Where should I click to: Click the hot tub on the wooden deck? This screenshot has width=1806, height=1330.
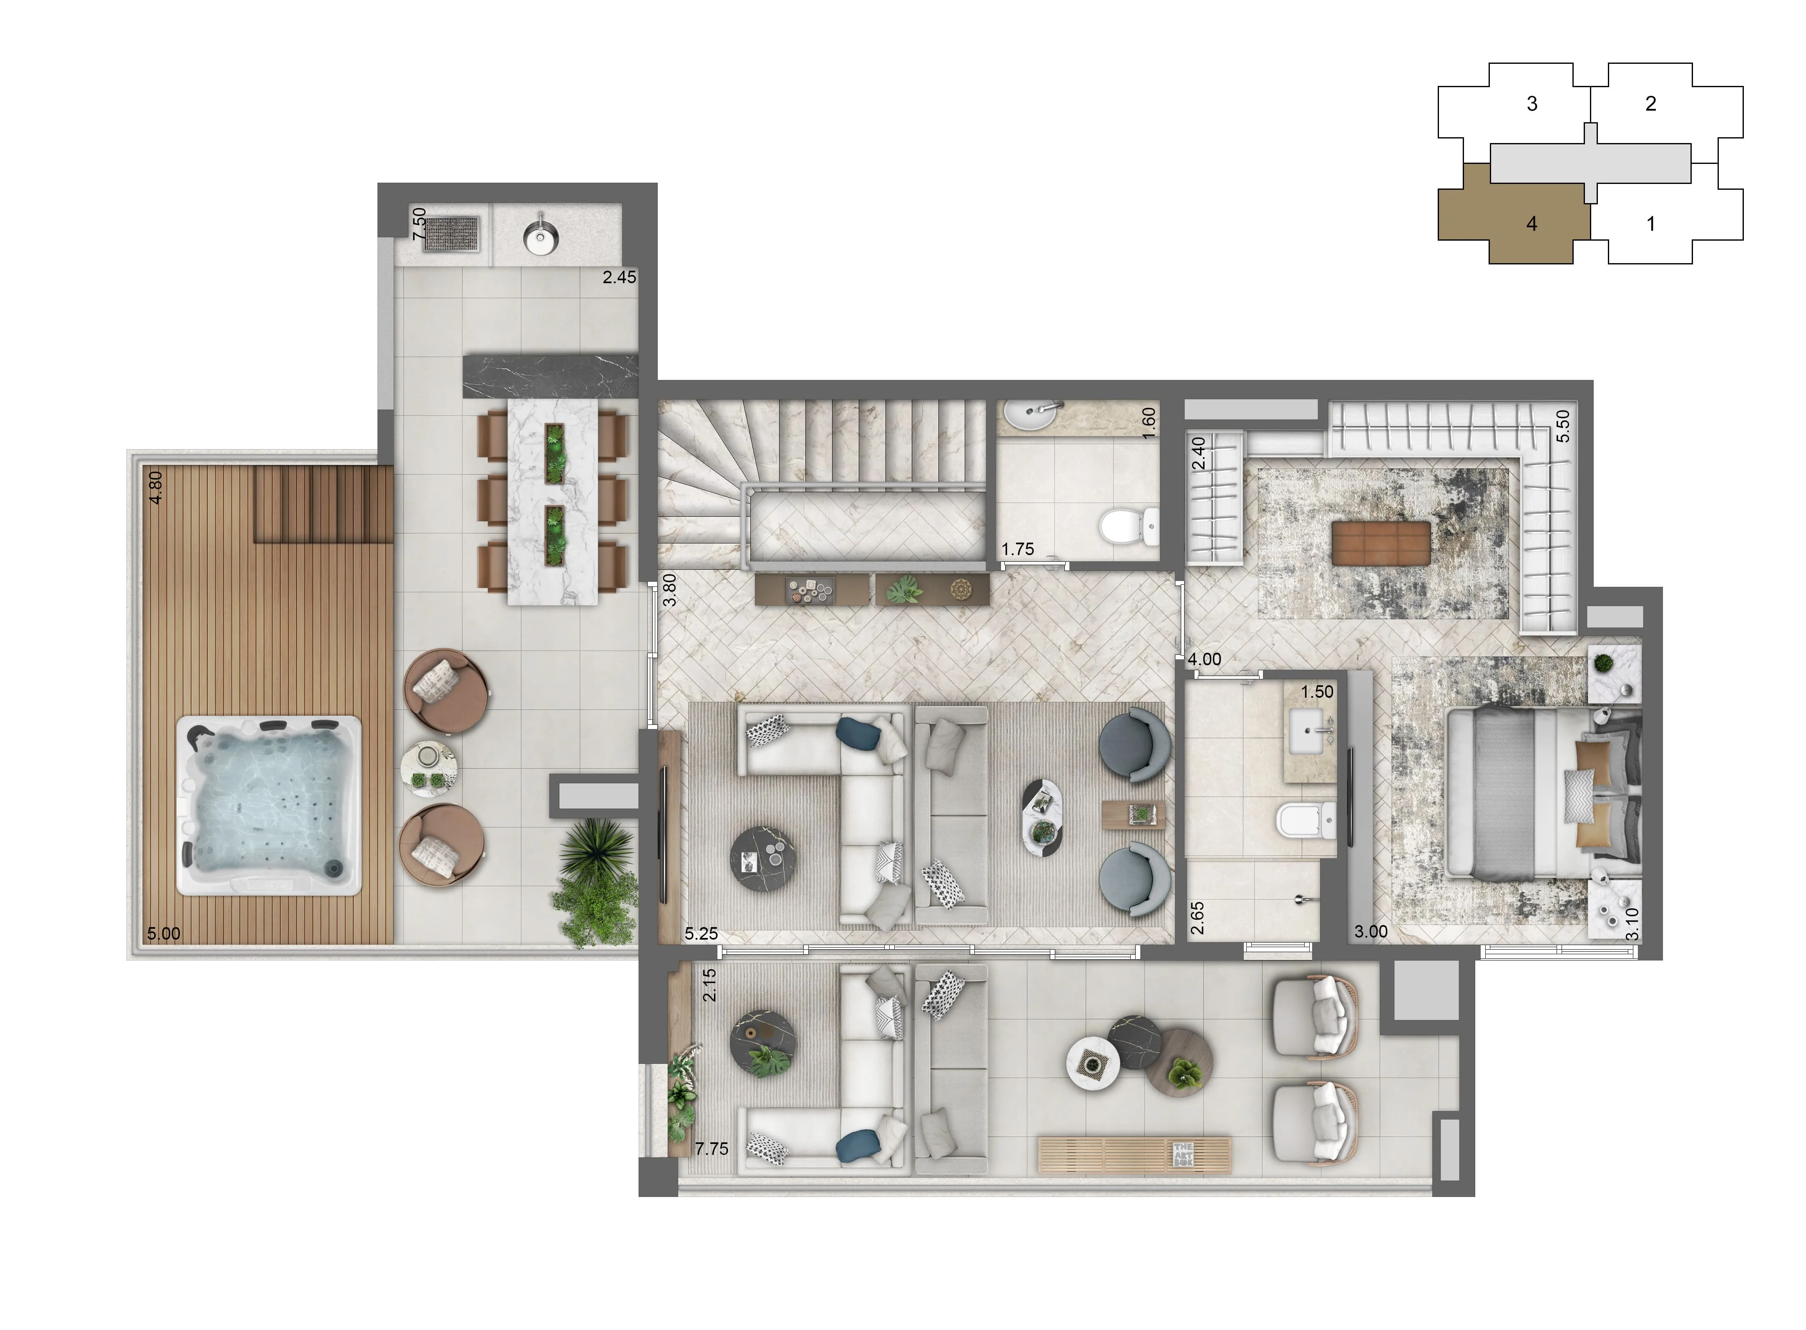tap(268, 805)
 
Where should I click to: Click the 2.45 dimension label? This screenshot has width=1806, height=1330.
tap(619, 277)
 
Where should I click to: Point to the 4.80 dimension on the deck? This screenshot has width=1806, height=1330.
tap(156, 487)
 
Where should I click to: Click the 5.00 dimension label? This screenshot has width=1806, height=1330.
tap(163, 934)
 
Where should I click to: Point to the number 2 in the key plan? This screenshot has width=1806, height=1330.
tap(1650, 103)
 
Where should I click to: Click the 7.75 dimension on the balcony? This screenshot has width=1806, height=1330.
tap(712, 1149)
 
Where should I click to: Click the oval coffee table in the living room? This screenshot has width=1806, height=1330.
tap(1042, 818)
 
